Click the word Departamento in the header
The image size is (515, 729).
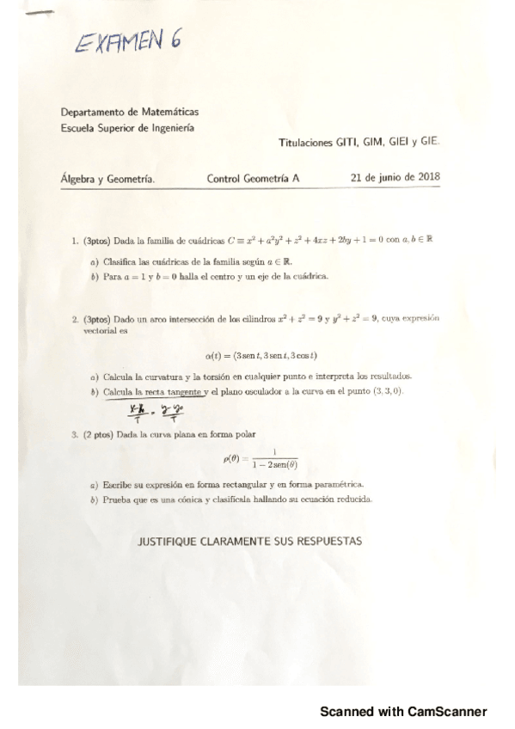pyautogui.click(x=92, y=113)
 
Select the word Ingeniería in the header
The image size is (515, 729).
pyautogui.click(x=169, y=128)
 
